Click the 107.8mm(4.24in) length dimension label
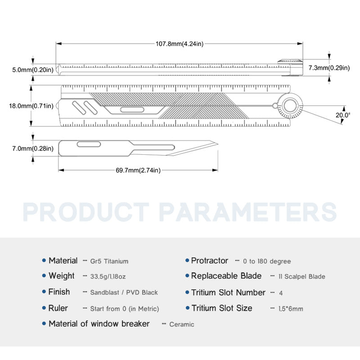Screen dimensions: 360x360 point(180,44)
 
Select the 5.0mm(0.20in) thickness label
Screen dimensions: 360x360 point(33,70)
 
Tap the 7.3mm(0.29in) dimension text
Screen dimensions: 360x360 point(329,68)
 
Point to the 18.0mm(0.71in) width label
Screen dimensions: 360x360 point(31,106)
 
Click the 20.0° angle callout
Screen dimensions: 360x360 point(343,115)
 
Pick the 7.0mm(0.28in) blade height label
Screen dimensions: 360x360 point(33,148)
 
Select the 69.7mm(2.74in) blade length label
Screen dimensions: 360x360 point(138,170)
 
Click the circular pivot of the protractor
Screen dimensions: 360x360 point(290,106)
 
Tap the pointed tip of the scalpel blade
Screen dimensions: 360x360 point(218,144)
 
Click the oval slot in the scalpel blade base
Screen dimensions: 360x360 point(89,144)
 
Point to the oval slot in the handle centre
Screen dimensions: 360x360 point(132,110)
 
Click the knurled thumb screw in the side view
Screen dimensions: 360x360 point(290,61)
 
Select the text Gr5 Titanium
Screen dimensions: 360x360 point(109,261)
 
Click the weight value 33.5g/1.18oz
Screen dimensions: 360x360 point(108,276)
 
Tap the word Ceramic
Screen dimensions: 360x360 point(182,324)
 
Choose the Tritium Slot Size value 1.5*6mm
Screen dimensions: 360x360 point(291,309)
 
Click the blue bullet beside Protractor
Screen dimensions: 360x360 point(187,261)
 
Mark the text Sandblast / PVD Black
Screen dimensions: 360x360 point(124,292)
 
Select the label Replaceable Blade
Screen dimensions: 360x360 point(226,276)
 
